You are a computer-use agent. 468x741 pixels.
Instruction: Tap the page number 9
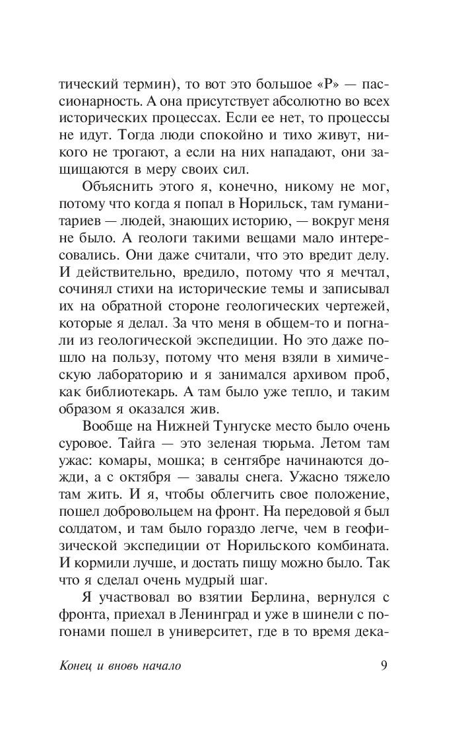pos(384,665)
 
